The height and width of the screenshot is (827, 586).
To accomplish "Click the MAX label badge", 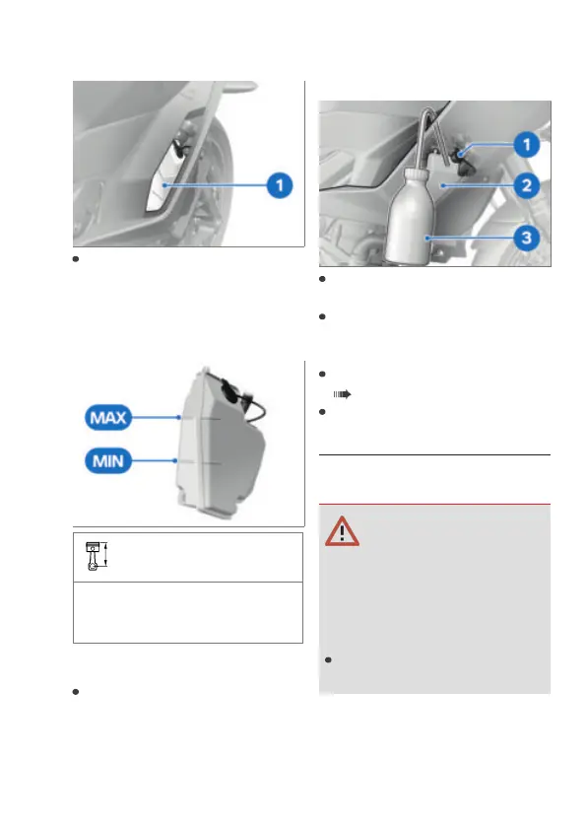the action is point(108,418).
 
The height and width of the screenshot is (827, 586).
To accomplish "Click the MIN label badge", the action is point(108,461).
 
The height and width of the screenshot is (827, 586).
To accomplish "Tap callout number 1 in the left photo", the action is point(280,185).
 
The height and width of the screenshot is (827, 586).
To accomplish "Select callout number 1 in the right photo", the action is point(527,145).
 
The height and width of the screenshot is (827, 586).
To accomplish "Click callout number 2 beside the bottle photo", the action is point(527,185).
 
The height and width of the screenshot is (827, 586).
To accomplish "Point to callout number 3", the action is point(527,238).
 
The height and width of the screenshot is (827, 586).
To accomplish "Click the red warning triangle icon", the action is point(342,531).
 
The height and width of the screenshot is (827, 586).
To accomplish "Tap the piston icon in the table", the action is point(96,557).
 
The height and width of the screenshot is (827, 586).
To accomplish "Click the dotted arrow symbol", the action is point(342,394).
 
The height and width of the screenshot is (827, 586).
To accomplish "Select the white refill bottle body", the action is point(411,216).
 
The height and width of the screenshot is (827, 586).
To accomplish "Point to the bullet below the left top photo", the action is point(76,259).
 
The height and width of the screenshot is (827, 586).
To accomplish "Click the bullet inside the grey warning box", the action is point(328,659).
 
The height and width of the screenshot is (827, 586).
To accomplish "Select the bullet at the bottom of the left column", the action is point(76,692).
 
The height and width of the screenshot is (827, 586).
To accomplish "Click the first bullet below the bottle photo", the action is point(322,279).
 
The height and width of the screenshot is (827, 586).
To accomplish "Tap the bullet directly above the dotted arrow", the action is point(322,374).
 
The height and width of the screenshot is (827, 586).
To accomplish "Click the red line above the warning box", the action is point(434,505).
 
